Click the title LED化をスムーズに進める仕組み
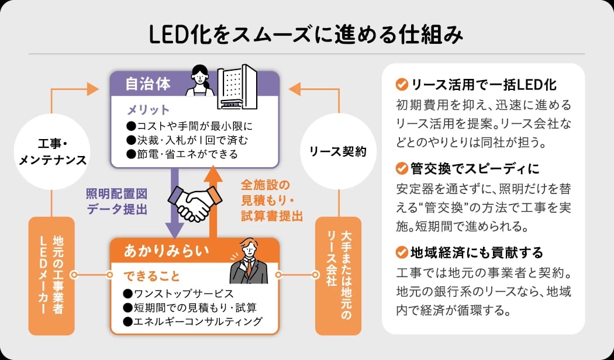point(306,34)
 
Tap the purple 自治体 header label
point(148,84)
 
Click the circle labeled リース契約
point(337,152)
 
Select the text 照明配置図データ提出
point(116,203)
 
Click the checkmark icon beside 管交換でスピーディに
point(401,169)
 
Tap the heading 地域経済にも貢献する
point(477,252)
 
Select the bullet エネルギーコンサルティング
point(193,321)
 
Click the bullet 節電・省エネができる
point(182,154)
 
